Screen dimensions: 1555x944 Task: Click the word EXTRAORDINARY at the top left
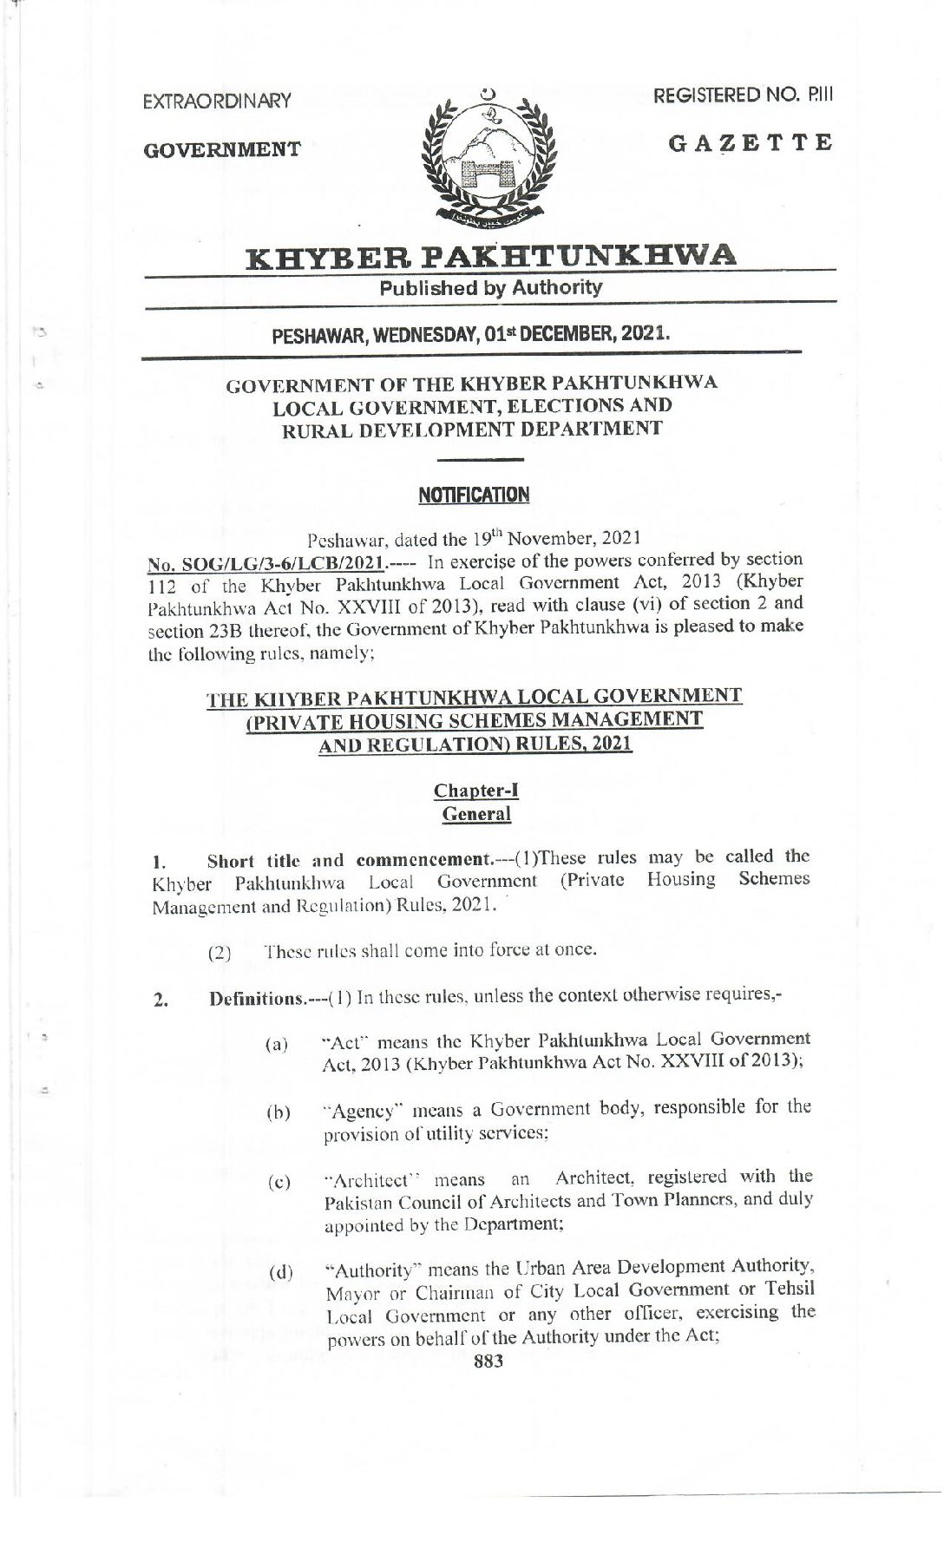tap(217, 101)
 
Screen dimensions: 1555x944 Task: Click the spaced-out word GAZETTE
tap(751, 142)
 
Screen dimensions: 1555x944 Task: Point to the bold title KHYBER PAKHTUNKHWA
tap(491, 256)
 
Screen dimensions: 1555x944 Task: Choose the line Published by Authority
tap(491, 287)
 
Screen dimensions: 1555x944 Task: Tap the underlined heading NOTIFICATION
tap(474, 495)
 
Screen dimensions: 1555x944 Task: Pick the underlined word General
tap(476, 814)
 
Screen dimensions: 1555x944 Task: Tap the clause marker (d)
tap(280, 1273)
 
